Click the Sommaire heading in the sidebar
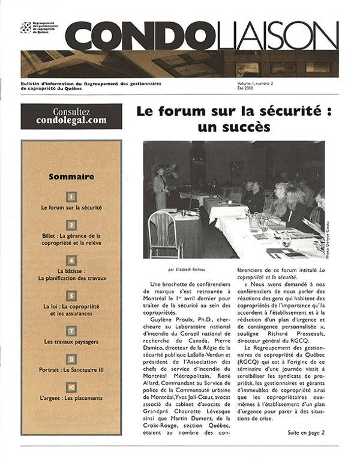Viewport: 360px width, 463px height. (x=71, y=177)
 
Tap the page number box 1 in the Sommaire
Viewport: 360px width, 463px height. (x=71, y=196)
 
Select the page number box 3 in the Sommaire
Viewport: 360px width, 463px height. (x=71, y=225)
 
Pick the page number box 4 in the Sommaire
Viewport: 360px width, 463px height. (x=71, y=260)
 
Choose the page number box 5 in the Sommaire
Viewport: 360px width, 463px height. (x=71, y=295)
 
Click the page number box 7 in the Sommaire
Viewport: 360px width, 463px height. (x=71, y=330)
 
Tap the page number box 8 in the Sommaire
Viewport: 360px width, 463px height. (x=71, y=359)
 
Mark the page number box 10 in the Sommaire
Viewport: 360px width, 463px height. (x=71, y=387)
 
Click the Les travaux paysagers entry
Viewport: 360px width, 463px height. (x=71, y=341)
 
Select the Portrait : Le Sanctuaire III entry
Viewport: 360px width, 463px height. (x=71, y=369)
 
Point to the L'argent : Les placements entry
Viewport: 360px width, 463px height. (x=71, y=398)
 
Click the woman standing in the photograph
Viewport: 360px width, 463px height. (x=160, y=187)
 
